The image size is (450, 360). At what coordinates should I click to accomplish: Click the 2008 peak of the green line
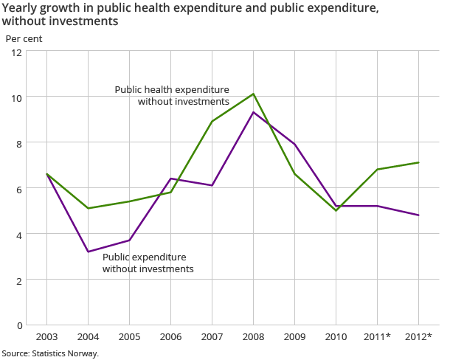pyautogui.click(x=254, y=94)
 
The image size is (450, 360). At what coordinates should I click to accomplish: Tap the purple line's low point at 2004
pyautogui.click(x=89, y=252)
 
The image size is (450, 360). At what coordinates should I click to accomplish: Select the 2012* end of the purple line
pyautogui.click(x=419, y=215)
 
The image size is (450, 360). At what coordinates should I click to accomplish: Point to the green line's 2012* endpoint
pyautogui.click(x=419, y=162)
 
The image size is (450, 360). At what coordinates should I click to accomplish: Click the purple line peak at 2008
pyautogui.click(x=254, y=112)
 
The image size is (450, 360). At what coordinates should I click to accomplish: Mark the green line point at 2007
pyautogui.click(x=212, y=122)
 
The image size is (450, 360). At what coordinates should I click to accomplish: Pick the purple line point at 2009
pyautogui.click(x=295, y=144)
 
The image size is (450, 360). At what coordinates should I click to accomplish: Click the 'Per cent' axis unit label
pyautogui.click(x=24, y=37)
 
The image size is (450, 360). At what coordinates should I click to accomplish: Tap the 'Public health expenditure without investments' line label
pyautogui.click(x=172, y=95)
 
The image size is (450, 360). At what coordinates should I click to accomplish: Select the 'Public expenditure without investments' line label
pyautogui.click(x=148, y=263)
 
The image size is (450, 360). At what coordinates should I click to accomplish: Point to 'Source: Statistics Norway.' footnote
pyautogui.click(x=50, y=353)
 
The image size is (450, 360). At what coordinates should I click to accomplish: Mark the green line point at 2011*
pyautogui.click(x=378, y=170)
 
